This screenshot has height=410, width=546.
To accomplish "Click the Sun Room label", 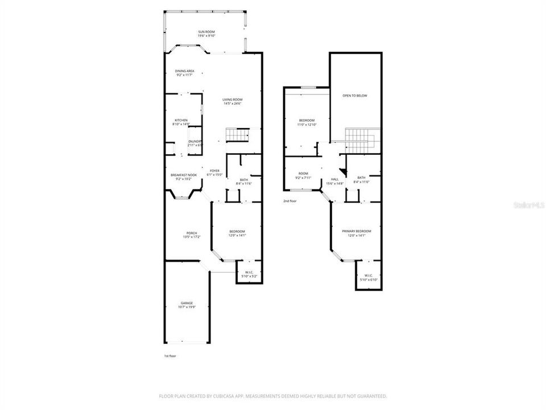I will coord(206,31).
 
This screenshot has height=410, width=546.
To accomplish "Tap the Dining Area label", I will coord(184,71).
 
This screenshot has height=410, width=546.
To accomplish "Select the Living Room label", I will coord(232,100).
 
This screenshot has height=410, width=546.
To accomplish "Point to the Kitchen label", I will coord(181,120).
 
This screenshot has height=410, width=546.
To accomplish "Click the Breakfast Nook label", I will coord(184,175).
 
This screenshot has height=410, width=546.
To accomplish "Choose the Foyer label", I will coord(214,171).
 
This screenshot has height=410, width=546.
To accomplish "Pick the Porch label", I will coord(192,233).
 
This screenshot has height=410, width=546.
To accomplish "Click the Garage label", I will coord(187,303).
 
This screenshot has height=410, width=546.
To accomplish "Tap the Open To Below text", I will coord(354,96).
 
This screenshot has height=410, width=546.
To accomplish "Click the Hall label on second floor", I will coord(334,179).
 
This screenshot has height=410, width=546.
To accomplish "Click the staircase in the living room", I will coord(238,135).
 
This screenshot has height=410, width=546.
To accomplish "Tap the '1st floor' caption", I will coord(170,356).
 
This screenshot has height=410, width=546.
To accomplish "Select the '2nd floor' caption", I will coord(290,201).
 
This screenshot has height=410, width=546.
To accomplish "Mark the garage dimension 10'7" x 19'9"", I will coord(187,307).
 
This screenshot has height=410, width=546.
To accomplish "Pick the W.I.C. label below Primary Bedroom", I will coord(368,276).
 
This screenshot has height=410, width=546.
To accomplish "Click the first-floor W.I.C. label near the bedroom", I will coord(249,272).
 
